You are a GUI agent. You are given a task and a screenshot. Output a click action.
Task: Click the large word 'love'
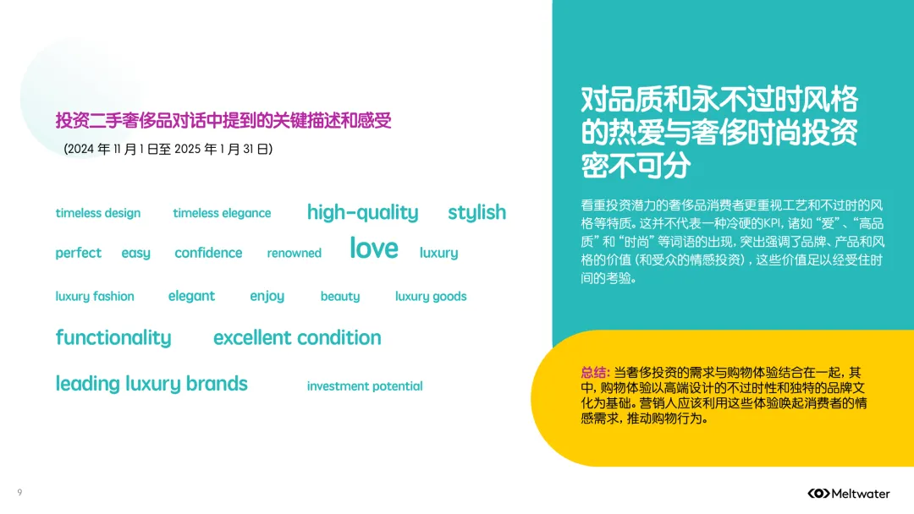click(x=373, y=248)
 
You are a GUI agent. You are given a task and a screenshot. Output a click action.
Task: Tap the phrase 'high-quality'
click(x=362, y=212)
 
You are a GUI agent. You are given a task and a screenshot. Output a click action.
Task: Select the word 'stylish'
click(x=476, y=212)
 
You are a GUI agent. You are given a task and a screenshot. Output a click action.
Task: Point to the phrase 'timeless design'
click(x=98, y=213)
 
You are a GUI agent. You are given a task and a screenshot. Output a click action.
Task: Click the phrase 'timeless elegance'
click(x=222, y=213)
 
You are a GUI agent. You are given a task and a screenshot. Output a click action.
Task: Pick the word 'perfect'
click(x=78, y=253)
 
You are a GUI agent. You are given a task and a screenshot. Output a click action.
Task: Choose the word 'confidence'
click(x=208, y=253)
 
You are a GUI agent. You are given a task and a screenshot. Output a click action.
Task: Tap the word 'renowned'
click(x=294, y=254)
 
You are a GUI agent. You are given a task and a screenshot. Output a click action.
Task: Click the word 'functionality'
click(x=113, y=338)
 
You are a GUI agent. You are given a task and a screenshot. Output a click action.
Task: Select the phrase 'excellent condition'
click(x=297, y=338)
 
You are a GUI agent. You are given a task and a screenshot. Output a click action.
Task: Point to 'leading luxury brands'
click(x=151, y=384)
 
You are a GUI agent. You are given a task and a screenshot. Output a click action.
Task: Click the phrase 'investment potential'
click(x=365, y=386)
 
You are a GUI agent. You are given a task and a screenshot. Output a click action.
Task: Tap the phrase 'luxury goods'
click(x=431, y=297)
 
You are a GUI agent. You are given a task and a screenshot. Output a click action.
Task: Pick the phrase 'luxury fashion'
click(x=95, y=297)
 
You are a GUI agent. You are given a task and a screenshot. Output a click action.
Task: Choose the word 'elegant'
click(x=191, y=296)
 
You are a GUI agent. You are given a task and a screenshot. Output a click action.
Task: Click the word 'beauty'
click(x=340, y=297)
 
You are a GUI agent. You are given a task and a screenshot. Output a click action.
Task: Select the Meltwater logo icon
click(x=818, y=493)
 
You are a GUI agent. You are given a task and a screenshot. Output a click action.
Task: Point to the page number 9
click(x=19, y=492)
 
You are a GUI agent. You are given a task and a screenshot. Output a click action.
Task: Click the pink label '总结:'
click(x=595, y=373)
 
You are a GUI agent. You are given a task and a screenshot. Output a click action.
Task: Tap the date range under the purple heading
click(x=168, y=150)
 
